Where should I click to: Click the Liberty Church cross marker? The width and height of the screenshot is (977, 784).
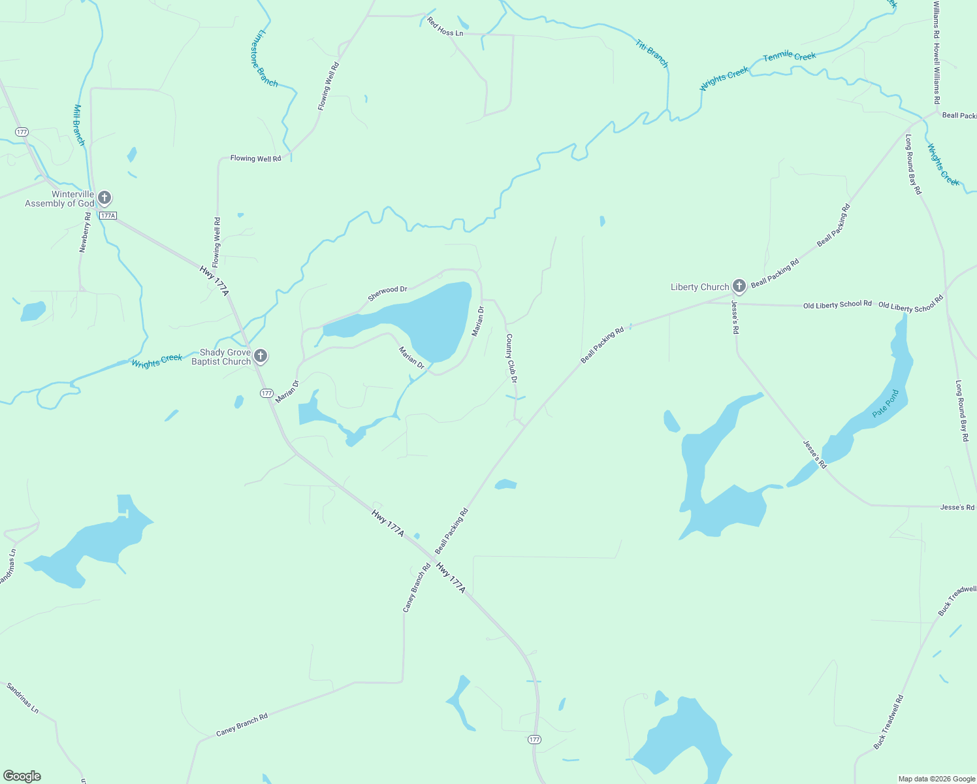coord(739,286)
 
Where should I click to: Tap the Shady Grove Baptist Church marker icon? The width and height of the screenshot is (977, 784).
coord(260,356)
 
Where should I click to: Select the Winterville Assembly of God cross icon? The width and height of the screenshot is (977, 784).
coord(104,198)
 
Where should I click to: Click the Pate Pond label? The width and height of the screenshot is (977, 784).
coord(886,404)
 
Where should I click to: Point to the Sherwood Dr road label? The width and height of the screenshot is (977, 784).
coord(387,293)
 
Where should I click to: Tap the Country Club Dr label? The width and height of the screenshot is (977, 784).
coord(512,358)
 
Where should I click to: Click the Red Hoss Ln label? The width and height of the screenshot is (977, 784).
coord(445,27)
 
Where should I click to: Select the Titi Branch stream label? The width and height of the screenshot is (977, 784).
coord(652,54)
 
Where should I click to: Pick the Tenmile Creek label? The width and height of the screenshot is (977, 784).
coord(790,57)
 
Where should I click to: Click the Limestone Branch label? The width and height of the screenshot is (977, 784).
coord(264,58)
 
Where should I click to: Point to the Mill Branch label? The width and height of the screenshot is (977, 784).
coord(79,125)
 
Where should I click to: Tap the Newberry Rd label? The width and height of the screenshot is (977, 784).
coord(85,232)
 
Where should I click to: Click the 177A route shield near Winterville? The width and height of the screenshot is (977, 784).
coord(108,216)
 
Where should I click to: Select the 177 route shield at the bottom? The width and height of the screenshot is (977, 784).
coord(534,740)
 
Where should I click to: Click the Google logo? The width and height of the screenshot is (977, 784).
coord(22,776)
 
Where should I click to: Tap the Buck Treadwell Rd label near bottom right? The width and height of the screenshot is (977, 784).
coord(888,723)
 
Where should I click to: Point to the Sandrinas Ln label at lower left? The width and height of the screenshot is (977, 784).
coord(23,697)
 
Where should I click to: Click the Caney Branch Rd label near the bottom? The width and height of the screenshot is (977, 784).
coord(242,725)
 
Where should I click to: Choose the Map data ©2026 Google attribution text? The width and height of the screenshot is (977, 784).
coord(937,779)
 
